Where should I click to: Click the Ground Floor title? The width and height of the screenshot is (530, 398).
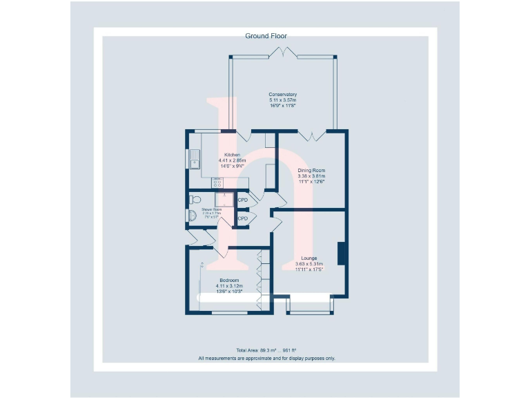click(266, 35)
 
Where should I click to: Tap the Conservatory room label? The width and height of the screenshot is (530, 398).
click(283, 95)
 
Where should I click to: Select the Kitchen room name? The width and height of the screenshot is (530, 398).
click(232, 155)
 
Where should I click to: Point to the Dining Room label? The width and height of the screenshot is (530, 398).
click(311, 170)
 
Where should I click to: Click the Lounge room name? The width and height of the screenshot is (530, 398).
click(309, 257)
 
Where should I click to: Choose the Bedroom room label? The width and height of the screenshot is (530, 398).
click(228, 280)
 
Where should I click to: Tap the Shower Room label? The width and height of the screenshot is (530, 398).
click(211, 209)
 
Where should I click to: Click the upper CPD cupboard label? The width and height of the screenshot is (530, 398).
click(242, 200)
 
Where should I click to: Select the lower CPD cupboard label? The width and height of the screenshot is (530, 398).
click(242, 218)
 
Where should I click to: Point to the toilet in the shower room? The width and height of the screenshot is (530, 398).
click(195, 199)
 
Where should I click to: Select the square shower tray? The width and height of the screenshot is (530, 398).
click(220, 200)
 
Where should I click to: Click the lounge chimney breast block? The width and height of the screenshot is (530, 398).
click(341, 254)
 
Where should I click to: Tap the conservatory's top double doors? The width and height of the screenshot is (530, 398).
click(283, 53)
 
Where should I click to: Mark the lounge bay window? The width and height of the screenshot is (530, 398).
click(310, 307)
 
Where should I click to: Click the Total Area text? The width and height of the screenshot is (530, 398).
click(266, 351)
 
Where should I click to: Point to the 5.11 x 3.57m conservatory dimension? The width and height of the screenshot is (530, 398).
click(283, 100)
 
